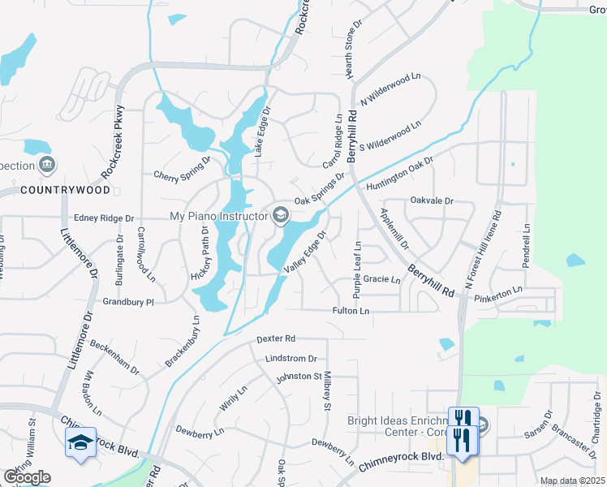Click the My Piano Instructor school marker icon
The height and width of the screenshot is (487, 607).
(281, 214)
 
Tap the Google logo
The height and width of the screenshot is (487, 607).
(27, 477)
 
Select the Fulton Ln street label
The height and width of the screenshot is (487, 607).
(351, 311)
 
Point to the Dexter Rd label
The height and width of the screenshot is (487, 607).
(276, 338)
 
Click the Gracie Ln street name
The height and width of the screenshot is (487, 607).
(382, 279)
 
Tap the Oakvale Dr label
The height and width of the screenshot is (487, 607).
(432, 200)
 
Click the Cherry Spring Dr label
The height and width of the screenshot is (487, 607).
(182, 174)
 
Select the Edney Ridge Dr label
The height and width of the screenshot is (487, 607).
(103, 218)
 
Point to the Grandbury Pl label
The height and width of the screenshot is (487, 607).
(128, 302)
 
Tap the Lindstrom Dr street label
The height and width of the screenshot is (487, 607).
(290, 358)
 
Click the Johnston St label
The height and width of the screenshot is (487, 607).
(299, 377)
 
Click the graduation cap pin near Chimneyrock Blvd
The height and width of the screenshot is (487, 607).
(80, 442)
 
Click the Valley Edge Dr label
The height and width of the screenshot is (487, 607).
(304, 252)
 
